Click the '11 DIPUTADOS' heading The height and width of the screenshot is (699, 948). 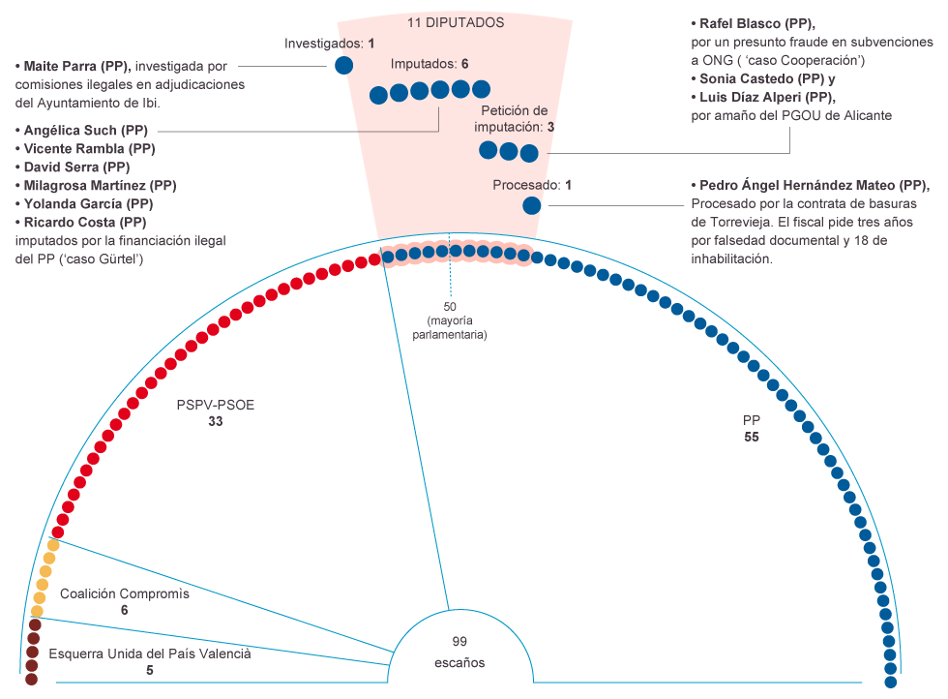click(x=456, y=23)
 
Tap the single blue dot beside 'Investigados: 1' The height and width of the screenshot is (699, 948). click(x=344, y=65)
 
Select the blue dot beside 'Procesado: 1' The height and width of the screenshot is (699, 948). click(x=531, y=206)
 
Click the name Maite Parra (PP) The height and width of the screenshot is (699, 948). click(x=76, y=66)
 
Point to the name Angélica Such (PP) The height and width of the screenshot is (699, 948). click(x=85, y=130)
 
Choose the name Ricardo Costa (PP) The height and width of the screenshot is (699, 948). click(x=85, y=222)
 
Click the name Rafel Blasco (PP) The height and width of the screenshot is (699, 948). click(x=756, y=23)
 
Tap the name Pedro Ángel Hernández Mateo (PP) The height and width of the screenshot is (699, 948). click(x=814, y=185)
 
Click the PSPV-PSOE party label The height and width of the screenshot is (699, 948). click(x=215, y=405)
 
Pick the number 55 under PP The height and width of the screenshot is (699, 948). click(x=752, y=437)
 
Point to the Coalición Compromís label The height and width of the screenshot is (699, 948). click(x=125, y=593)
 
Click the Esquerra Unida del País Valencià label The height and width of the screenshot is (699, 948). click(x=150, y=653)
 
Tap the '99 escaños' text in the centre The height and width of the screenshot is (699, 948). click(x=459, y=652)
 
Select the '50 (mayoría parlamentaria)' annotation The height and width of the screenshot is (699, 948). click(x=450, y=320)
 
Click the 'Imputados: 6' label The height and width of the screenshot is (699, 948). click(x=430, y=64)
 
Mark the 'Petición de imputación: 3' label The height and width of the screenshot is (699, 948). click(x=514, y=119)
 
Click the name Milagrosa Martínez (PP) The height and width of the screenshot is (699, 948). click(x=100, y=185)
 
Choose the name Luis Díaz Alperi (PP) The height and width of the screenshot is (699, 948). click(x=767, y=97)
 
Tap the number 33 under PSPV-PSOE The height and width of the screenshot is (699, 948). click(x=215, y=421)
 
